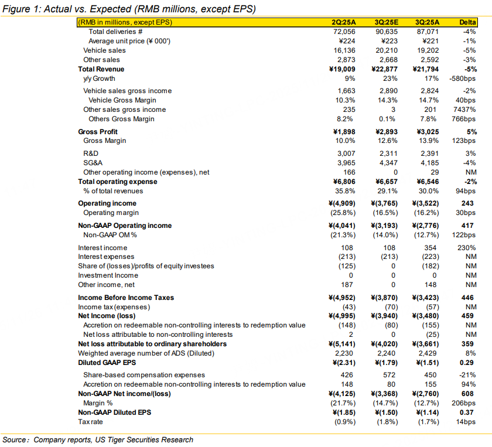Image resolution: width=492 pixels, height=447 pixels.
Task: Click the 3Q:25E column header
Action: pos(387,22)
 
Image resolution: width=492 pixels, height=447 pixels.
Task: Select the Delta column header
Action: pos(467,22)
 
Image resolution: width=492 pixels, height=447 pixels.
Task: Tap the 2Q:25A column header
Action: pos(343,22)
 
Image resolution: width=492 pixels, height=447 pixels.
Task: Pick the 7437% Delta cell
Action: pos(466,110)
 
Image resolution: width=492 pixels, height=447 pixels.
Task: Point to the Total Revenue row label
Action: pos(101,69)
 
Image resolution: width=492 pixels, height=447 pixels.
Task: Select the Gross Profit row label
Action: pos(98,132)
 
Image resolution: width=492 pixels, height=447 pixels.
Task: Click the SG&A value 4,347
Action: pos(387,163)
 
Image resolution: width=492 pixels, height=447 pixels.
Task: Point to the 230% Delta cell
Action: pos(467,247)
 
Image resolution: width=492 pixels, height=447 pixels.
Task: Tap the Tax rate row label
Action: pos(93,422)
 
